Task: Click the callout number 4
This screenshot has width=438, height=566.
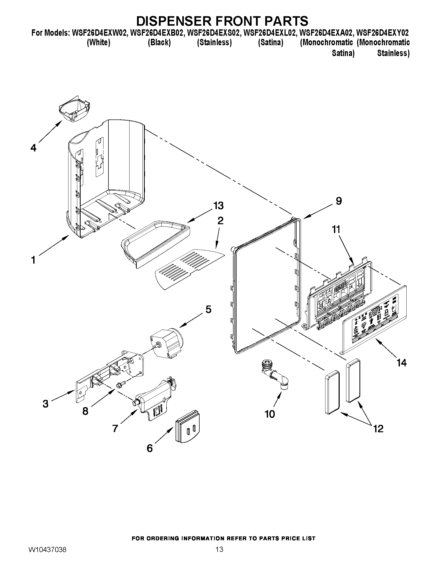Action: click(x=33, y=148)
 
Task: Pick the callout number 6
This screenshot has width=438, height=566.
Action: click(x=150, y=448)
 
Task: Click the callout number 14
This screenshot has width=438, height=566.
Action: click(x=401, y=363)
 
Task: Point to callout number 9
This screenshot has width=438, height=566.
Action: click(x=339, y=201)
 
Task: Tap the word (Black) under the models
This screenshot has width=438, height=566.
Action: click(x=159, y=42)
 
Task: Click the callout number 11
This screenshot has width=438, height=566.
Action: click(x=336, y=229)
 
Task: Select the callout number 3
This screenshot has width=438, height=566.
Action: click(x=45, y=404)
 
